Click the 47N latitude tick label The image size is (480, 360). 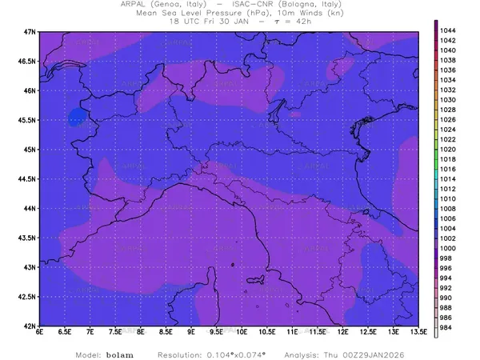point(30,31)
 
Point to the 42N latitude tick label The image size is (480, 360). point(30,326)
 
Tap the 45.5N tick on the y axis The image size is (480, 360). point(27,120)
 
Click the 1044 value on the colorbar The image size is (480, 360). point(448,30)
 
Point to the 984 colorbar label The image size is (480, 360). point(446,327)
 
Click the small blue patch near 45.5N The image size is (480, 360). point(78,117)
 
